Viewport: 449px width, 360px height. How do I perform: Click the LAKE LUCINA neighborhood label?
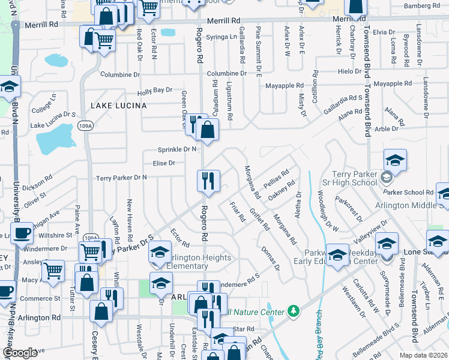tap(118, 106)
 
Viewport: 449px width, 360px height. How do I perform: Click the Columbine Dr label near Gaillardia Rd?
tap(227, 73)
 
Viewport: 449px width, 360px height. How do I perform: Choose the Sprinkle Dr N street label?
tap(177, 149)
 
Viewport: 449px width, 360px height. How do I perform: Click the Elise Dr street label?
tap(164, 163)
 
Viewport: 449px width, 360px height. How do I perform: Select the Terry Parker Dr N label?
tap(122, 178)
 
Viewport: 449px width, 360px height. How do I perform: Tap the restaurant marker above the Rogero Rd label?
tap(208, 181)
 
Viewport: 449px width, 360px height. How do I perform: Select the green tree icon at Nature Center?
tap(294, 310)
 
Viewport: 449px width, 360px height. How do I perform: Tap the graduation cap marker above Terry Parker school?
tap(395, 160)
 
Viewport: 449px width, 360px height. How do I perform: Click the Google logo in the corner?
tap(20, 353)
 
